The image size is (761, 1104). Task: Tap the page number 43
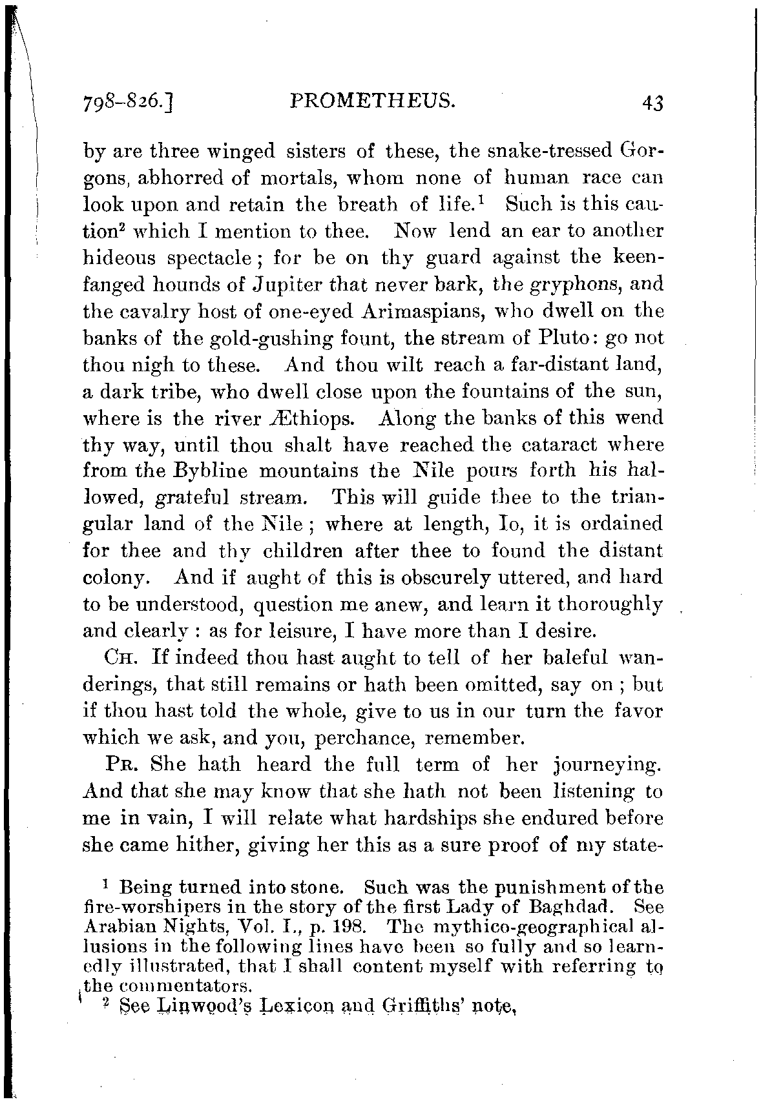pos(653,103)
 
